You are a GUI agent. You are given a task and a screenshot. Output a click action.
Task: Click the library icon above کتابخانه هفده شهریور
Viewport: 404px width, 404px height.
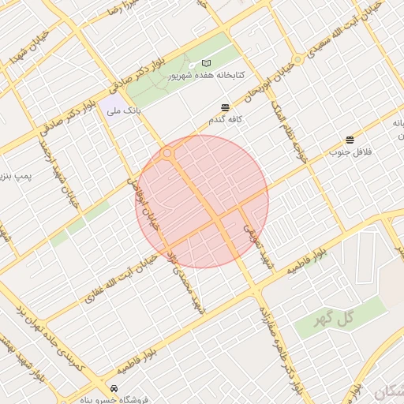[x=207, y=63]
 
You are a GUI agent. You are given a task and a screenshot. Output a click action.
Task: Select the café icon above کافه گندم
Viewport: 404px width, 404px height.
[x=226, y=107]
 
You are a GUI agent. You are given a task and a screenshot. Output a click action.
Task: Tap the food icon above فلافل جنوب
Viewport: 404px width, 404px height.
[x=350, y=140]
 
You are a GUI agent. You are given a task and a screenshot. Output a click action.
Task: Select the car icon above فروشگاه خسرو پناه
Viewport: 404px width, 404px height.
[x=115, y=389]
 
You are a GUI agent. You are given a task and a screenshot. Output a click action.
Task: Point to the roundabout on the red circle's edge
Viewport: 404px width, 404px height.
[x=167, y=154]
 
